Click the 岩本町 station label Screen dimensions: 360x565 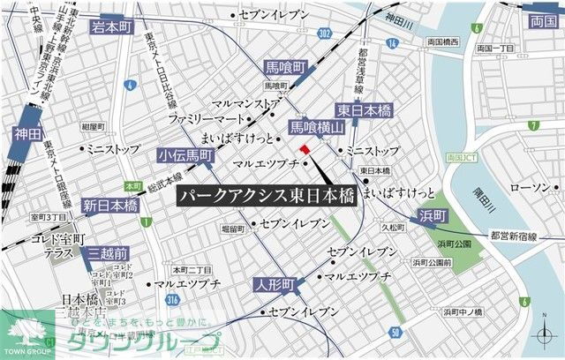pyautogui.click(x=112, y=27)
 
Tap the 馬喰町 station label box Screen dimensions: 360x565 pyautogui.click(x=286, y=67)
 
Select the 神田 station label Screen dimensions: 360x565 pyautogui.click(x=28, y=134)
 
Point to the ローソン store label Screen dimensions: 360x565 pyautogui.click(x=530, y=188)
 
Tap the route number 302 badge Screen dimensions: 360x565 pyautogui.click(x=325, y=34)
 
